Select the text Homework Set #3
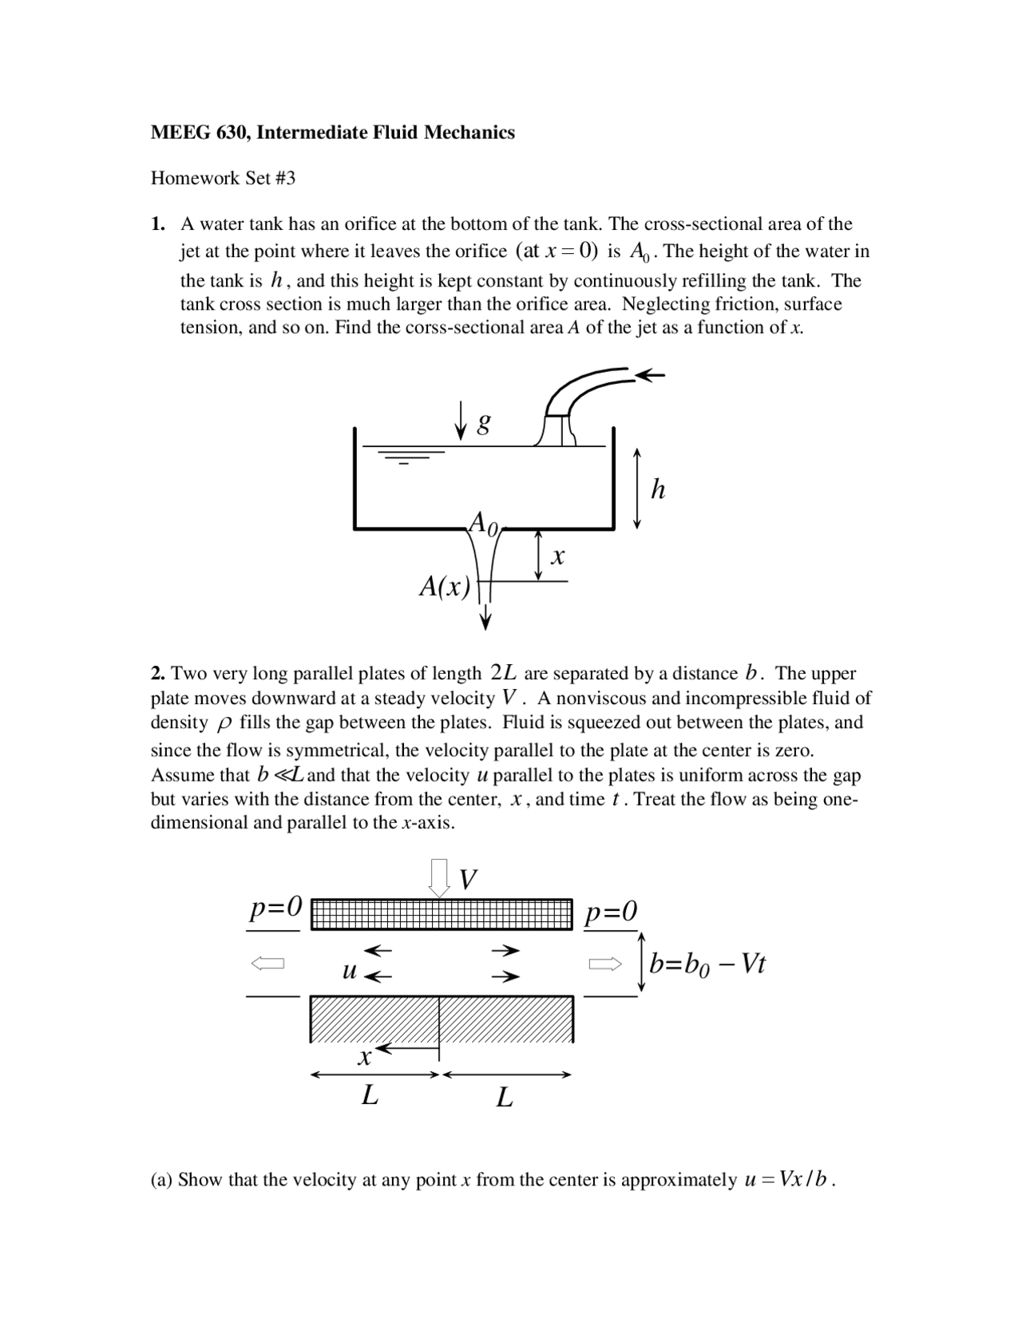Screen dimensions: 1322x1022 223,178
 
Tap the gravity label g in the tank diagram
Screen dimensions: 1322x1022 483,422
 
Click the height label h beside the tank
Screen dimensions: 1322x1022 658,489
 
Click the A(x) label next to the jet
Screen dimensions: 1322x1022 445,587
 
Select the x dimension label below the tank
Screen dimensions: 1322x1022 558,557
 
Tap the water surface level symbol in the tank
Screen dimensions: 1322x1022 409,456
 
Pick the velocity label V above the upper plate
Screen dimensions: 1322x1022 469,880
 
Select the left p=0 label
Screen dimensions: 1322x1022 275,908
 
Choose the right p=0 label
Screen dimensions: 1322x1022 611,911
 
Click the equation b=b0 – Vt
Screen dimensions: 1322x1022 707,964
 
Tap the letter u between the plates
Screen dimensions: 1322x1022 349,971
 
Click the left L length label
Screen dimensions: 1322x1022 369,1096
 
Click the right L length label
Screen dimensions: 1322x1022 504,1098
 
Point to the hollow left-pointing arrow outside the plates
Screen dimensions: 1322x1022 268,964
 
